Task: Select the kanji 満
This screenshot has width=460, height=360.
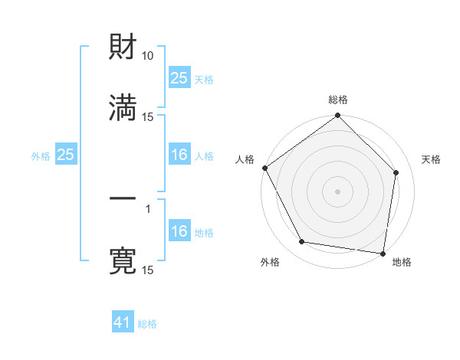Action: [x=123, y=106]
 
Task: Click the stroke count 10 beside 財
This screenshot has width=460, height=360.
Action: [x=148, y=56]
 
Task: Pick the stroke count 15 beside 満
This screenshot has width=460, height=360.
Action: [x=148, y=116]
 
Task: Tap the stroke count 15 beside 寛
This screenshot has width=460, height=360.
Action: [x=148, y=270]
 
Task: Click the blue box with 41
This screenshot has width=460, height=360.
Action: [x=123, y=323]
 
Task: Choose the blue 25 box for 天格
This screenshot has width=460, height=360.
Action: [x=179, y=77]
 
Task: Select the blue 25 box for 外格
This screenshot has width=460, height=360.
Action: [x=66, y=155]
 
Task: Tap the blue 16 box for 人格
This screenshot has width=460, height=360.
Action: [x=179, y=155]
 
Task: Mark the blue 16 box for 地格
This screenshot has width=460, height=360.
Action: [x=179, y=231]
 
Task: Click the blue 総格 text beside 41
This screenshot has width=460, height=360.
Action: [x=147, y=324]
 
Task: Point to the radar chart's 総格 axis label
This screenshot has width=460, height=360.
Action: [x=338, y=100]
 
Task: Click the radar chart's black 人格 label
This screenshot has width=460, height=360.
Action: [x=245, y=159]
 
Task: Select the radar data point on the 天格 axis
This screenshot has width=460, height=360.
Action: [x=396, y=172]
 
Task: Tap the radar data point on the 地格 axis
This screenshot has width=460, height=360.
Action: [x=383, y=252]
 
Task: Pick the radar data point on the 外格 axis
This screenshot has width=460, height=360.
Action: [x=302, y=242]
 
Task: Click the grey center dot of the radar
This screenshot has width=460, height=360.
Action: [x=338, y=191]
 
